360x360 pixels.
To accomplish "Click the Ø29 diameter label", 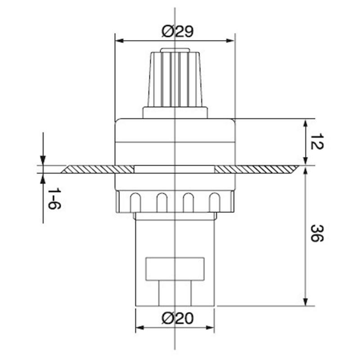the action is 177,31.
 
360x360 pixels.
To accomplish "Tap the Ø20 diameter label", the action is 177,319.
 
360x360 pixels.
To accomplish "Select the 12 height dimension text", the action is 317,142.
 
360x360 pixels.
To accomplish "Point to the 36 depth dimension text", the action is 317,233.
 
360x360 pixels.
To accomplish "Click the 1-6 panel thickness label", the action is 54,198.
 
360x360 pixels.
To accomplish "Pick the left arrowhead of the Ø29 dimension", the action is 119,41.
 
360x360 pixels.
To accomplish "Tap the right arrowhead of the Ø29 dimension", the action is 230,41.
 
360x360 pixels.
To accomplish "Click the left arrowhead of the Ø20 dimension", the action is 140,328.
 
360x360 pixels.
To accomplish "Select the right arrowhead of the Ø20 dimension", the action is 210,328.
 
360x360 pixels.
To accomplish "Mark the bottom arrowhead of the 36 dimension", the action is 306,301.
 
